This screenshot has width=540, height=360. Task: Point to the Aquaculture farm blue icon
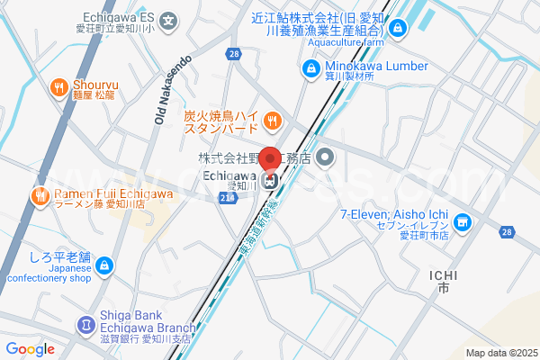[399, 29]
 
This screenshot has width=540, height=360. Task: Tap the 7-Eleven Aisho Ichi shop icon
[462, 220]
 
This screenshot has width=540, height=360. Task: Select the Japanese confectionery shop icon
[105, 265]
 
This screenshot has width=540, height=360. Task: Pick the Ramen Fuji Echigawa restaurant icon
[40, 195]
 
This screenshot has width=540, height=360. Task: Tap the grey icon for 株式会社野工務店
[326, 159]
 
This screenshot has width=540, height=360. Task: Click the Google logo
[30, 349]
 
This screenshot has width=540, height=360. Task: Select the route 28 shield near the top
[234, 55]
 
